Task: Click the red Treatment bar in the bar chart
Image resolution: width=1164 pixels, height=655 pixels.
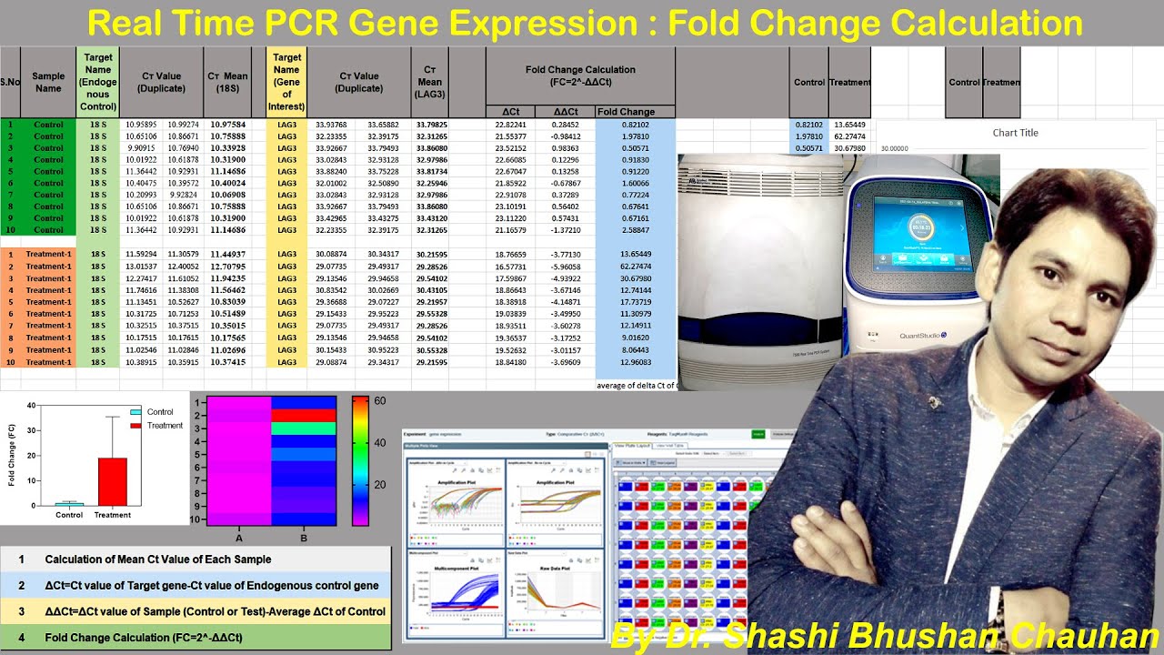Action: click(113, 481)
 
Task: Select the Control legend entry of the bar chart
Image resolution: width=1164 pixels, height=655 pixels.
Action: click(159, 412)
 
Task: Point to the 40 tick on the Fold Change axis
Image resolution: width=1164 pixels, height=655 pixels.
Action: click(31, 406)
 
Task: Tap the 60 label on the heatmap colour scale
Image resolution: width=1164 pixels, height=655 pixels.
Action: click(380, 401)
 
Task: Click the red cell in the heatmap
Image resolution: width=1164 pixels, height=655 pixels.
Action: click(304, 416)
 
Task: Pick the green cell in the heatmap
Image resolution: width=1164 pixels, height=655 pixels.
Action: click(304, 428)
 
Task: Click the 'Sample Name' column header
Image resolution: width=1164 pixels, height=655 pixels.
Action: click(48, 82)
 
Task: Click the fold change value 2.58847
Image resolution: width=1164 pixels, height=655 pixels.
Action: click(635, 230)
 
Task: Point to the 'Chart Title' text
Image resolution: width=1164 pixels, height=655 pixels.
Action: click(1015, 133)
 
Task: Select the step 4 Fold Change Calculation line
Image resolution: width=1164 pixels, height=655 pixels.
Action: click(144, 638)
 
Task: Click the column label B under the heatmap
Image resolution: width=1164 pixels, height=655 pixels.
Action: click(304, 539)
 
